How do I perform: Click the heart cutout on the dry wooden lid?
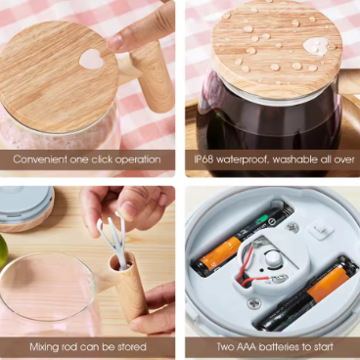(x=92, y=59)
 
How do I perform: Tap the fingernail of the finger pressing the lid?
(x=114, y=42)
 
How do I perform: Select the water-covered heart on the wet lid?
(x=316, y=46)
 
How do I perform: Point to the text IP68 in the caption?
(x=203, y=159)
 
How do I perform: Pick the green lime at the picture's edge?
(x=3, y=250)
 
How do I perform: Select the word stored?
(x=130, y=346)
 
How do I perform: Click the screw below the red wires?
(x=253, y=303)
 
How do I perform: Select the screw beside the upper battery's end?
(x=293, y=227)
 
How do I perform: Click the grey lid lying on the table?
(x=25, y=207)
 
